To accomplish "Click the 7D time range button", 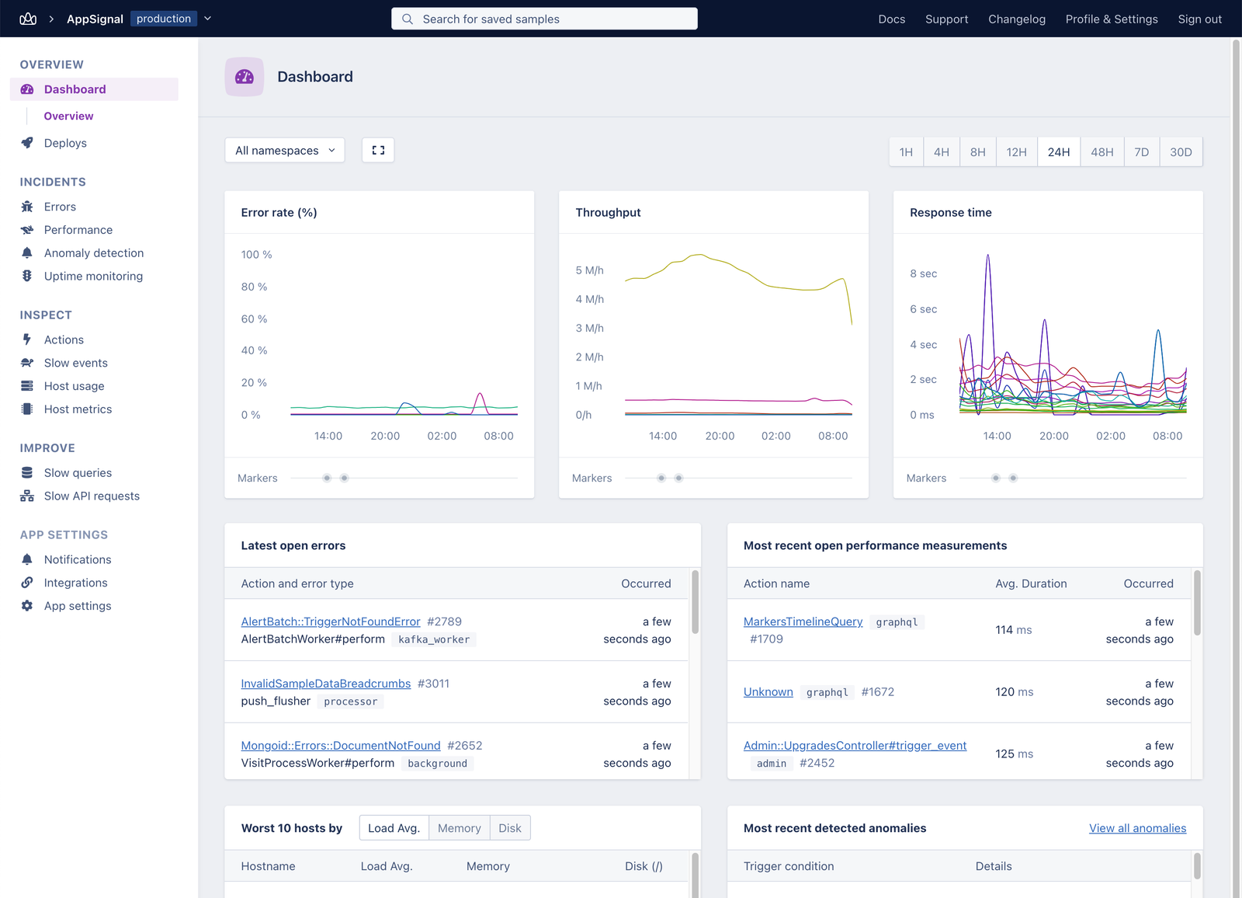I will click(1141, 152).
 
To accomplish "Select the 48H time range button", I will click(1101, 152).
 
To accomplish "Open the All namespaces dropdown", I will click(284, 151).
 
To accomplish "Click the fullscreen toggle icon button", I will click(378, 151).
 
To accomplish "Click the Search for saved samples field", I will click(544, 19).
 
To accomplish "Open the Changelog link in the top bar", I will click(1016, 19).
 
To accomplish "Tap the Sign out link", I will click(1199, 19).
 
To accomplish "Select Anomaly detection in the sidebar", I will click(93, 253).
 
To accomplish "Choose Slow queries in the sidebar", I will click(78, 473).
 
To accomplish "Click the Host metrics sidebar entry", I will click(78, 409).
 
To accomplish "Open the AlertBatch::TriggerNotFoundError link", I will click(330, 621).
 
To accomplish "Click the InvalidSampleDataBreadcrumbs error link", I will click(325, 684).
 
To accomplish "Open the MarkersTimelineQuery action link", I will click(803, 621).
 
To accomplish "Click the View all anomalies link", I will click(1137, 828).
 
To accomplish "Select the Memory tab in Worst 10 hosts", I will click(459, 828).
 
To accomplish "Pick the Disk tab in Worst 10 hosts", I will click(510, 828).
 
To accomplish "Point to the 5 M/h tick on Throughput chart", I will click(589, 270).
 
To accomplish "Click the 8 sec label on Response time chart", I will click(923, 273).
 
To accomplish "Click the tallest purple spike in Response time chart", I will click(987, 256).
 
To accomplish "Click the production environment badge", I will click(164, 19).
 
